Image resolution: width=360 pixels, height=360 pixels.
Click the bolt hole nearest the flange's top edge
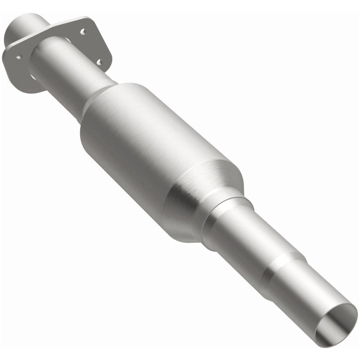pyautogui.click(x=83, y=31)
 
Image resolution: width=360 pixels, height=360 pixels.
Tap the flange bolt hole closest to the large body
pyautogui.click(x=99, y=62)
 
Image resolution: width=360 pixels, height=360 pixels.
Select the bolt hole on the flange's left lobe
pyautogui.click(x=18, y=57)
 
